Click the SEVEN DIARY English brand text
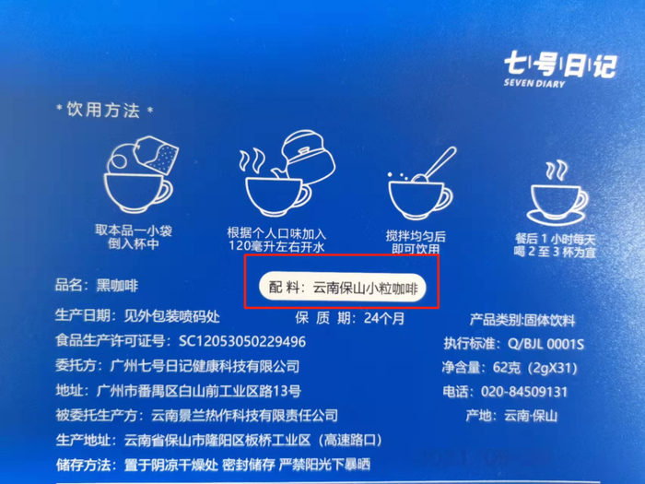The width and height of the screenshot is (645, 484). click(x=534, y=83)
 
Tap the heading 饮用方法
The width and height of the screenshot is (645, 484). click(x=103, y=110)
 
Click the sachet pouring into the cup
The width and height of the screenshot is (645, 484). click(x=158, y=154)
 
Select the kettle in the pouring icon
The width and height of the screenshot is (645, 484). click(x=308, y=158)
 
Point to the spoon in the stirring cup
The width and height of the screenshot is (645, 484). click(x=435, y=164)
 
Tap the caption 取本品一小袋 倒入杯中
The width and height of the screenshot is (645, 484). click(x=134, y=237)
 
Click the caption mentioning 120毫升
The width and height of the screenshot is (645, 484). click(x=276, y=240)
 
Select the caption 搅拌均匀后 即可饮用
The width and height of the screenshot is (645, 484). click(x=416, y=242)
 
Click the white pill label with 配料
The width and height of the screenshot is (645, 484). click(x=343, y=288)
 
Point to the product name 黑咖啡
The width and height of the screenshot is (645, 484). click(x=117, y=285)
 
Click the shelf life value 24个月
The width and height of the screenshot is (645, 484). click(x=384, y=318)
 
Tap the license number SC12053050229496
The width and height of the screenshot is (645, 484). click(x=242, y=341)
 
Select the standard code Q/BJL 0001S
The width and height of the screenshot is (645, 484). click(x=545, y=344)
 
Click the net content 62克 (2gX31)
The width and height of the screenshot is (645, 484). click(x=534, y=368)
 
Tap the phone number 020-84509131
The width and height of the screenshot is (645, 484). click(x=524, y=392)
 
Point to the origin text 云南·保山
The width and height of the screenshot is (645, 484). click(x=531, y=416)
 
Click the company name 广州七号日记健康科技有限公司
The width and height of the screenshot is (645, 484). click(x=205, y=366)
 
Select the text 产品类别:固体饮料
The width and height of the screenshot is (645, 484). click(x=522, y=320)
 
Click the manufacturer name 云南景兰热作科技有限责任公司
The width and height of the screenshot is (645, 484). click(x=245, y=415)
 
